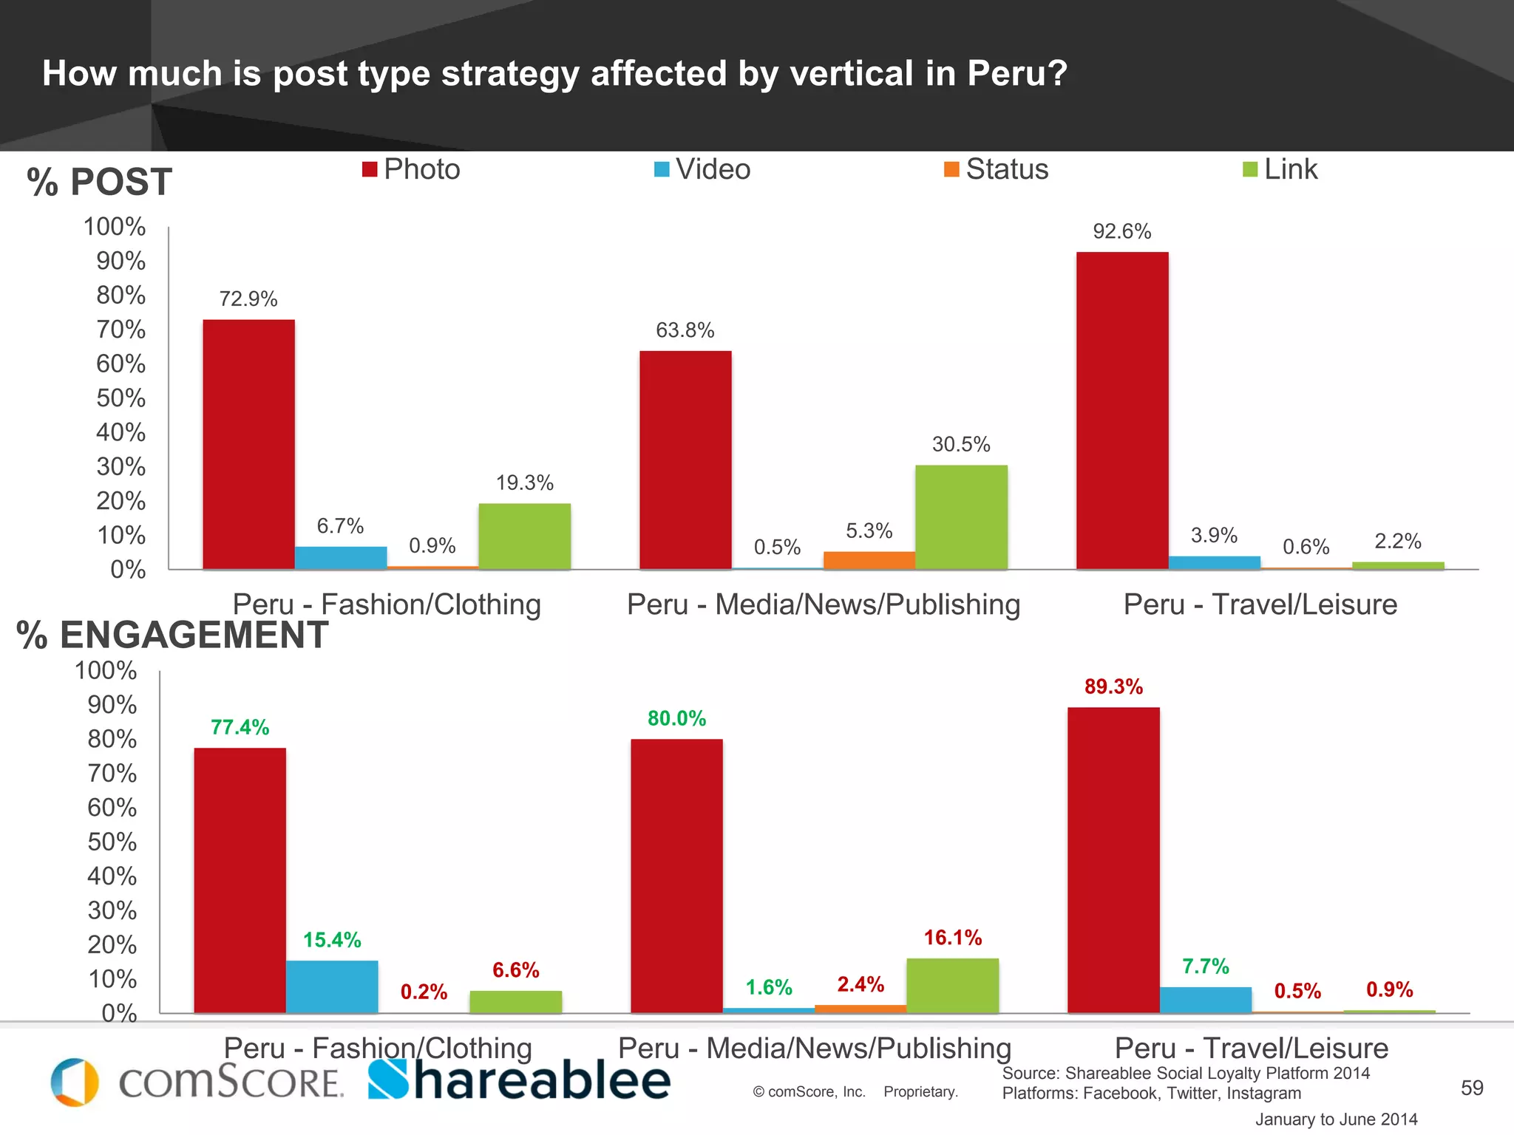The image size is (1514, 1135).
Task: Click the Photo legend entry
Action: click(411, 169)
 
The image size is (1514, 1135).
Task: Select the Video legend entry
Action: click(702, 169)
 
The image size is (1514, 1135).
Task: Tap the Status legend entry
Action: click(996, 169)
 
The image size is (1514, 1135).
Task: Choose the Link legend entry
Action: click(1280, 169)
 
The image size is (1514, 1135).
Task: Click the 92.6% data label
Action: click(1121, 232)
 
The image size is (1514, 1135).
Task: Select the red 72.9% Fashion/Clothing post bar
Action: click(248, 443)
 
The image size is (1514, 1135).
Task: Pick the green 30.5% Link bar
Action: click(961, 517)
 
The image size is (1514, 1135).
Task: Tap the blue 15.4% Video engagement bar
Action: click(332, 986)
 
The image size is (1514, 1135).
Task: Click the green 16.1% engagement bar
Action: click(952, 985)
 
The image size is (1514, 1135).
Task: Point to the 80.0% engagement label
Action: click(676, 718)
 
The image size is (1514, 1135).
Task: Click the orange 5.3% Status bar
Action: click(869, 560)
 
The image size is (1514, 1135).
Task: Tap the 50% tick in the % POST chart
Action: click(120, 398)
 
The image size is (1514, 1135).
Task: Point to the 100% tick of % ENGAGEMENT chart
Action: click(106, 671)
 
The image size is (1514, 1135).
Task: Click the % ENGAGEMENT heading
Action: click(172, 635)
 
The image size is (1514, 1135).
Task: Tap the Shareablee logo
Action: click(519, 1080)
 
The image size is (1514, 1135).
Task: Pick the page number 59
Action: click(1472, 1088)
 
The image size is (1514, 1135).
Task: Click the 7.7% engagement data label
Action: click(1205, 967)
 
